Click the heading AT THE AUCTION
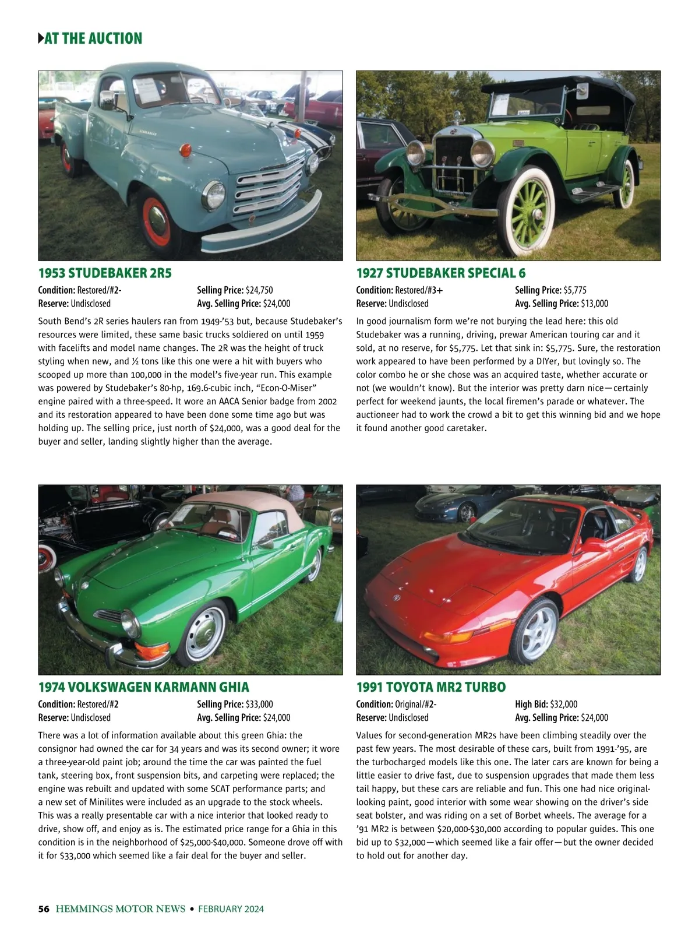pos(93,39)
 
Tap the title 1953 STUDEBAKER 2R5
pos(105,273)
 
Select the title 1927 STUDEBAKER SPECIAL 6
pos(441,273)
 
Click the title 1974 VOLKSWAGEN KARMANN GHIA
pos(143,687)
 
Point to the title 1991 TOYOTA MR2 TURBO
pos(430,687)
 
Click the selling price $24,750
pos(259,290)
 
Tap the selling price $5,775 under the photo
pos(575,290)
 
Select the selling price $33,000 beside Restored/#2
pos(259,705)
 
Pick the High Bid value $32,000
pos(564,705)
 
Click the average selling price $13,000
pos(594,304)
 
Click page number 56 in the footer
pos(43,909)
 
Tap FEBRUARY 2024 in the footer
pos(231,909)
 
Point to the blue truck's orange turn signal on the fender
pos(186,150)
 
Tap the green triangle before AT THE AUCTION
pos(40,39)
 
